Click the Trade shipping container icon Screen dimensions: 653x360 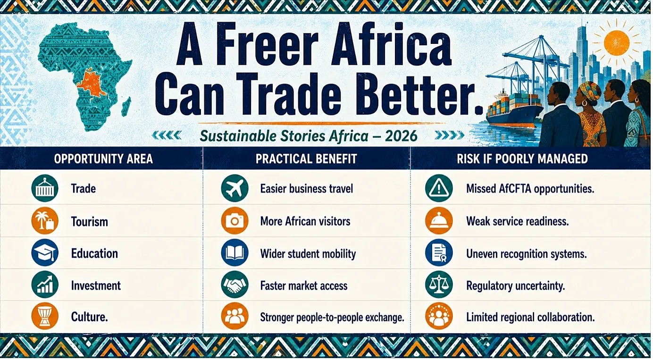pyautogui.click(x=45, y=188)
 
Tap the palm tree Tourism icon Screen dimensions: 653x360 pyautogui.click(x=45, y=221)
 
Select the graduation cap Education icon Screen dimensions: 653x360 pyautogui.click(x=45, y=253)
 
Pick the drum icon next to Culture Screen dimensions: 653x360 pyautogui.click(x=45, y=316)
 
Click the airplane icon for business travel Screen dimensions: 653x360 pyautogui.click(x=234, y=188)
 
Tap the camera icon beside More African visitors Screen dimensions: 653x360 pyautogui.click(x=234, y=221)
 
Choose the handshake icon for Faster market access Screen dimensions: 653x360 pyautogui.click(x=234, y=285)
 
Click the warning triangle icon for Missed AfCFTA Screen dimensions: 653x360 pyautogui.click(x=439, y=188)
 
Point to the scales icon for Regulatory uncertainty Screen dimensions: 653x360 pyautogui.click(x=439, y=285)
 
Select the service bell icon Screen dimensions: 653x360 pyautogui.click(x=439, y=221)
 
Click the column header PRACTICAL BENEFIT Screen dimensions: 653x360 pyautogui.click(x=306, y=159)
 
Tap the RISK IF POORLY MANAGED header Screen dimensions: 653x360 pyautogui.click(x=522, y=159)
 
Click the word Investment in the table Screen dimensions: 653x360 pyautogui.click(x=96, y=285)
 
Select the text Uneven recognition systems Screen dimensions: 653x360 pyautogui.click(x=527, y=254)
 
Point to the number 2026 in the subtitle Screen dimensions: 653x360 pyautogui.click(x=401, y=136)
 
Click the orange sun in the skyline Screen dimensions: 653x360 pyautogui.click(x=617, y=42)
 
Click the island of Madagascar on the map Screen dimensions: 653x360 pyautogui.click(x=126, y=107)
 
